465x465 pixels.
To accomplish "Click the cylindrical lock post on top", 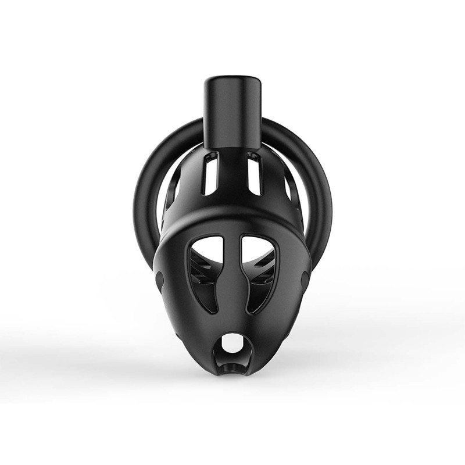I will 233,113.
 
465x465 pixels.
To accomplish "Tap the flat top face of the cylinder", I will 233,79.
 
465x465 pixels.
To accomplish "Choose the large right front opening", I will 260,273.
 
